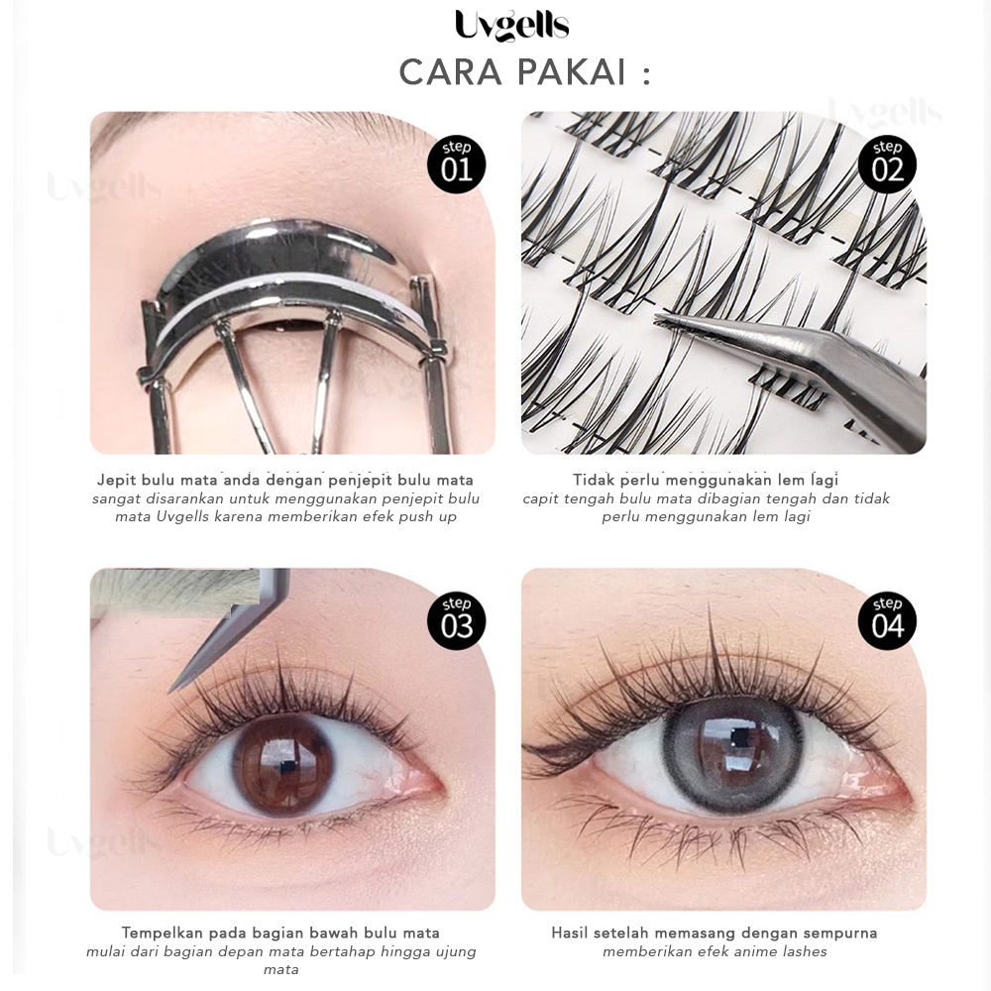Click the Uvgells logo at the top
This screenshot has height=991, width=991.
tap(512, 26)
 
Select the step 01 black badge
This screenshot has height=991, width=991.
tap(456, 166)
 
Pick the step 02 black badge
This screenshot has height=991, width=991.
tap(887, 166)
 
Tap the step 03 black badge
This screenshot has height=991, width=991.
tap(456, 622)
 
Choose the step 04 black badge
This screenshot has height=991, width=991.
tap(887, 622)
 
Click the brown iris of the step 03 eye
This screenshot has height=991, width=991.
tap(282, 766)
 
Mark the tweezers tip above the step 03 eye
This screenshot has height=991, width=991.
tap(171, 689)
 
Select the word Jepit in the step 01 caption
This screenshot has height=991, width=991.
tap(116, 480)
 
